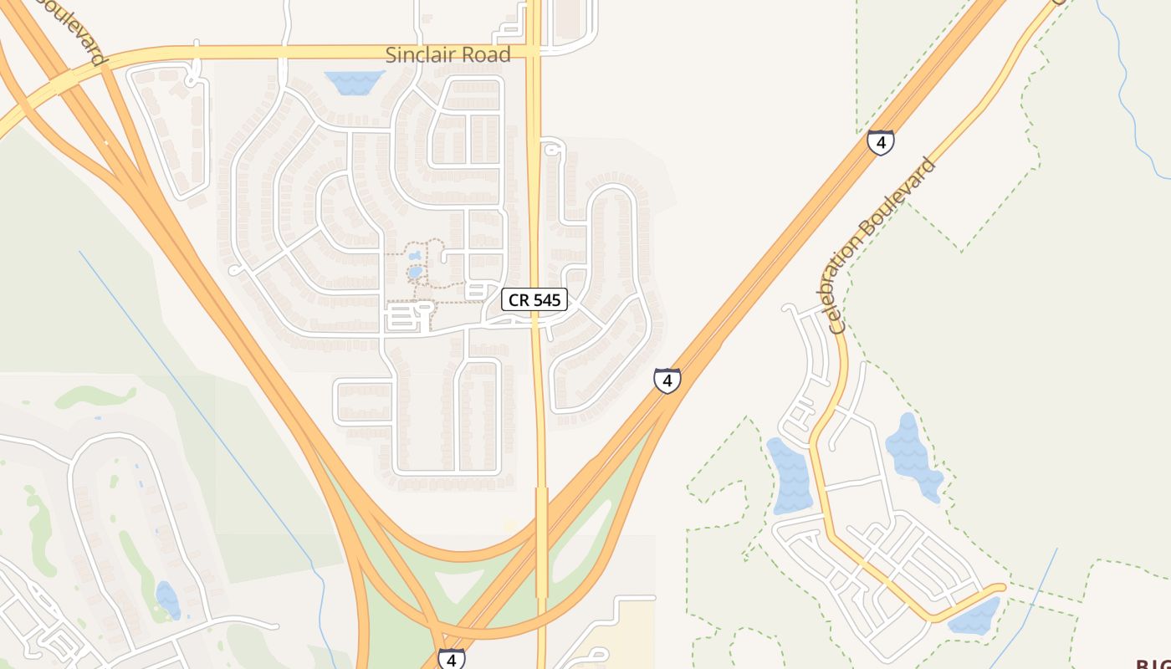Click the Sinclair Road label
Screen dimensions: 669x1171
(x=447, y=55)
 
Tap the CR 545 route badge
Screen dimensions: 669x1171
(x=534, y=299)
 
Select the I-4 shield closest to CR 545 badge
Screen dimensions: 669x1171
(x=667, y=381)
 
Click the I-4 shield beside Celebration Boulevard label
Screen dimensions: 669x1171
(x=880, y=142)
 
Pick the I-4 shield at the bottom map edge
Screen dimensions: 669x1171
(x=451, y=659)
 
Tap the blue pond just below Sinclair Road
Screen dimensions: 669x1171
(x=354, y=81)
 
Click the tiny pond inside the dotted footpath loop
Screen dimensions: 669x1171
(x=415, y=272)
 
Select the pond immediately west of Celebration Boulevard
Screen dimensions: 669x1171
(x=788, y=477)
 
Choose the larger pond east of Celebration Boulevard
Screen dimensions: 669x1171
(x=913, y=456)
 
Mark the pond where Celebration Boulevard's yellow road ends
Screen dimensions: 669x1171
(x=975, y=617)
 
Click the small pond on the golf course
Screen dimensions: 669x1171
(x=167, y=599)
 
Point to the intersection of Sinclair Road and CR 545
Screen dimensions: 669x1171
(x=533, y=53)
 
